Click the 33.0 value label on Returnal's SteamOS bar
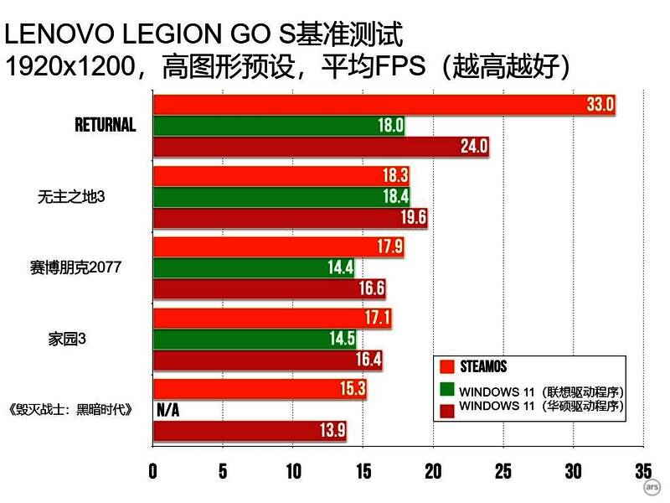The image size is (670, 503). pyautogui.click(x=600, y=104)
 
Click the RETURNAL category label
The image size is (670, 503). pyautogui.click(x=105, y=126)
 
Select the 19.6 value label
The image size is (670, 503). pyautogui.click(x=413, y=218)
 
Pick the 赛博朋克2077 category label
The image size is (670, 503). pyautogui.click(x=79, y=267)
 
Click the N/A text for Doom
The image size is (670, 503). pyautogui.click(x=167, y=411)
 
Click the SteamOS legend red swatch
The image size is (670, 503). pyautogui.click(x=447, y=367)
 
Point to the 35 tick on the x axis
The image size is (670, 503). pyautogui.click(x=643, y=471)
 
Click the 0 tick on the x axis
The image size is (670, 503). pyautogui.click(x=153, y=471)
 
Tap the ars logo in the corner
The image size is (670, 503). pyautogui.click(x=651, y=487)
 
